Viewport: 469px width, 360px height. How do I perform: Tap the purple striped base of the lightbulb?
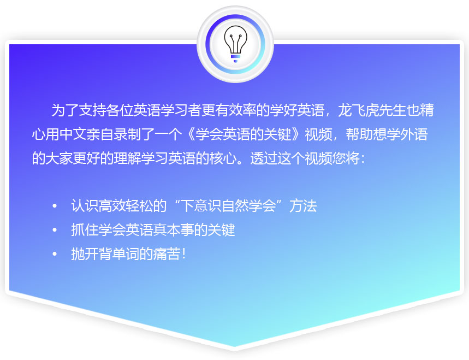(x=235, y=58)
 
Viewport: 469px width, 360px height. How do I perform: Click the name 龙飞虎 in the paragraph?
(x=358, y=110)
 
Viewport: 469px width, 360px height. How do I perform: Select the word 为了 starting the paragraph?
(x=65, y=110)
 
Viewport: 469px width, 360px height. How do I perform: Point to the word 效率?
(x=242, y=110)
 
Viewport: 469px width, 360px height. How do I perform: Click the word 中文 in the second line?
(x=73, y=134)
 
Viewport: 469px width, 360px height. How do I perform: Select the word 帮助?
(x=359, y=134)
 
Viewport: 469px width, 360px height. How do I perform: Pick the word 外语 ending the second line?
(x=414, y=134)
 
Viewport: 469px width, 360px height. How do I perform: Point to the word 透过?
(x=264, y=158)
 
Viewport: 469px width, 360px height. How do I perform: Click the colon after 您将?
(x=363, y=159)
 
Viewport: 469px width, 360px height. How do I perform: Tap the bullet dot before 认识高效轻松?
(x=55, y=206)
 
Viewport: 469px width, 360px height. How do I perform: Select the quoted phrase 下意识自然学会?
(x=229, y=206)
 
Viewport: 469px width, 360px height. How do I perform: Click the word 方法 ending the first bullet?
(x=303, y=206)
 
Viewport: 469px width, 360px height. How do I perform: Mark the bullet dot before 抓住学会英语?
(x=55, y=230)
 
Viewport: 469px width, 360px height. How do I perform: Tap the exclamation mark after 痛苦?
(x=183, y=254)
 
